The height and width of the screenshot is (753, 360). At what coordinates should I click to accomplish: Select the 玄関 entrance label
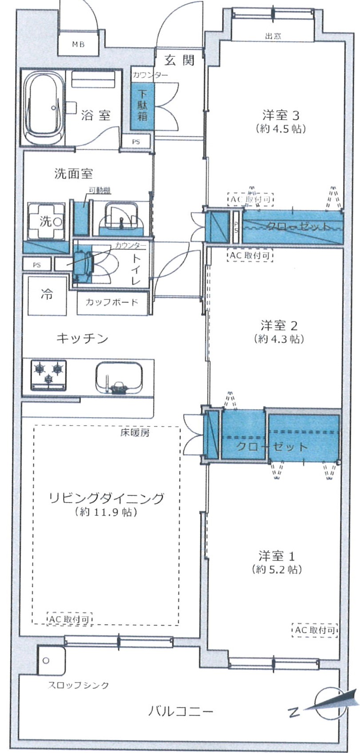(x=180, y=60)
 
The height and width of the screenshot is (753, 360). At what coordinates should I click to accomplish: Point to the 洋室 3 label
(x=280, y=116)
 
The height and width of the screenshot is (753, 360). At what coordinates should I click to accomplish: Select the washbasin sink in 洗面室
(x=121, y=216)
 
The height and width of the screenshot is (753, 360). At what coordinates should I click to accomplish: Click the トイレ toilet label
(x=136, y=269)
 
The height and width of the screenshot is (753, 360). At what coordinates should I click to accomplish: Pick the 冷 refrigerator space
(x=47, y=295)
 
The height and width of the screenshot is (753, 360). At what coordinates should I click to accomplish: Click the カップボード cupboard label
(x=112, y=303)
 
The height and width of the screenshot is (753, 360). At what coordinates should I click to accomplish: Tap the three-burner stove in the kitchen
(x=48, y=374)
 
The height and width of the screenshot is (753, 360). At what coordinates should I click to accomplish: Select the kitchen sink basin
(x=119, y=378)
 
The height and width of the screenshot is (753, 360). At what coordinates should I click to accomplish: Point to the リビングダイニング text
(x=106, y=498)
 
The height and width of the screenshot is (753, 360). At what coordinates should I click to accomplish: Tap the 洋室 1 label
(x=277, y=556)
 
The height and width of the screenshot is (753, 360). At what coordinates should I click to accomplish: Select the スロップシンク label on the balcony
(x=78, y=685)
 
